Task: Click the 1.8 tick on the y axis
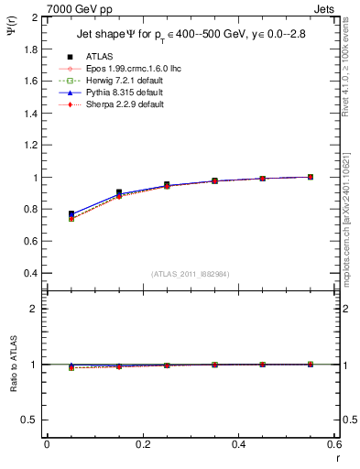30,49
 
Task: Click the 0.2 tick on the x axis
142,444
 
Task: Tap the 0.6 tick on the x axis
333,444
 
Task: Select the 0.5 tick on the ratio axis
30,420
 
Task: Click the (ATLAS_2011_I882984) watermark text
191,273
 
